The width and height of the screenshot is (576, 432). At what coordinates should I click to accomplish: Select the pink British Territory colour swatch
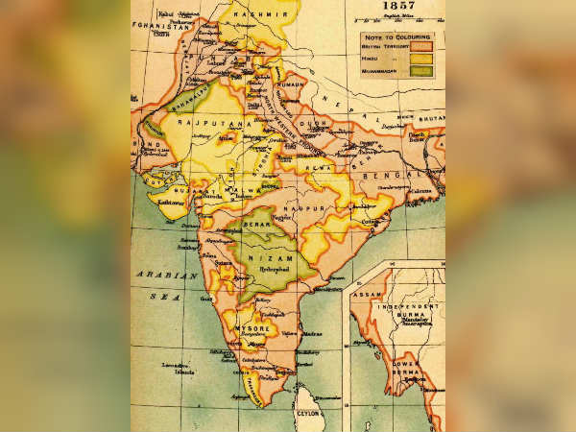pyautogui.click(x=429, y=45)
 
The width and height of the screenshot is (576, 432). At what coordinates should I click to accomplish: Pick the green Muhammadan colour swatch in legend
pyautogui.click(x=429, y=69)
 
